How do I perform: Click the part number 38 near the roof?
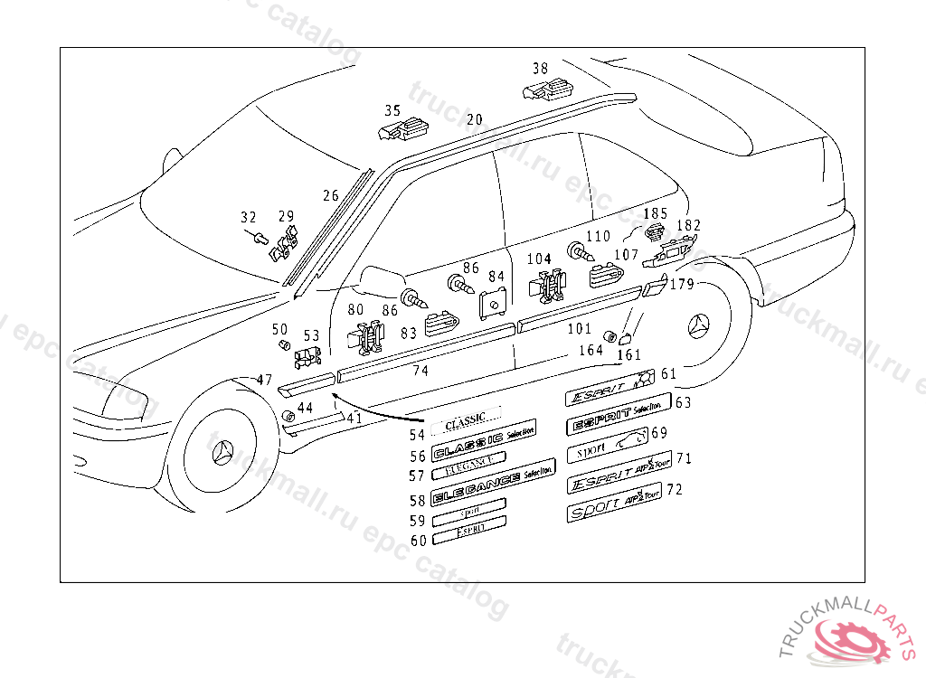click(x=540, y=68)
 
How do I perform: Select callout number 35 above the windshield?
click(x=392, y=110)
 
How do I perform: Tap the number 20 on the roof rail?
click(x=475, y=119)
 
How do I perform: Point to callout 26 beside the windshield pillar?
click(x=331, y=194)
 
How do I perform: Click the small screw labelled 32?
click(x=259, y=239)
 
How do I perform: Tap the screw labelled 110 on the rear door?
click(x=576, y=250)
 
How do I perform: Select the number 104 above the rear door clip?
click(x=539, y=259)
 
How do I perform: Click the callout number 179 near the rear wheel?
click(x=681, y=284)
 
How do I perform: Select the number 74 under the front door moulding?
click(x=420, y=371)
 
